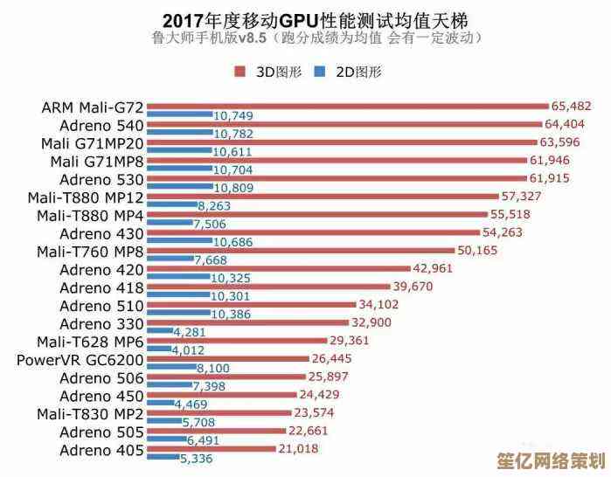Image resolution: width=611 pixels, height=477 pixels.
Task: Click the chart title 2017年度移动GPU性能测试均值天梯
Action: [306, 18]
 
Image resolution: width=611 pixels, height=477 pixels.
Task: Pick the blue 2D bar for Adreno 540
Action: [179, 133]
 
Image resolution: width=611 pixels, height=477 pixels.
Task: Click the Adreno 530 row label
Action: [101, 179]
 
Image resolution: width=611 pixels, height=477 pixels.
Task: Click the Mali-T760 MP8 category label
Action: [90, 252]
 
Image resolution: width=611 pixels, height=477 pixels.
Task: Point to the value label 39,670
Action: [413, 287]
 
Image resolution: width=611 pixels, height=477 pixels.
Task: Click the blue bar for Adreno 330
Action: [159, 332]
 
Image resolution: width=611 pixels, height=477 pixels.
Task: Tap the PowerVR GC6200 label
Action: [80, 360]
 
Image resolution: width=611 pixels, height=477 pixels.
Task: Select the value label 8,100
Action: [213, 369]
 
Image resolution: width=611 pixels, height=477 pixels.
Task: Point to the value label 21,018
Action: [298, 448]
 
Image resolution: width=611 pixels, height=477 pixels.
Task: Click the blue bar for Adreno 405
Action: [162, 457]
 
